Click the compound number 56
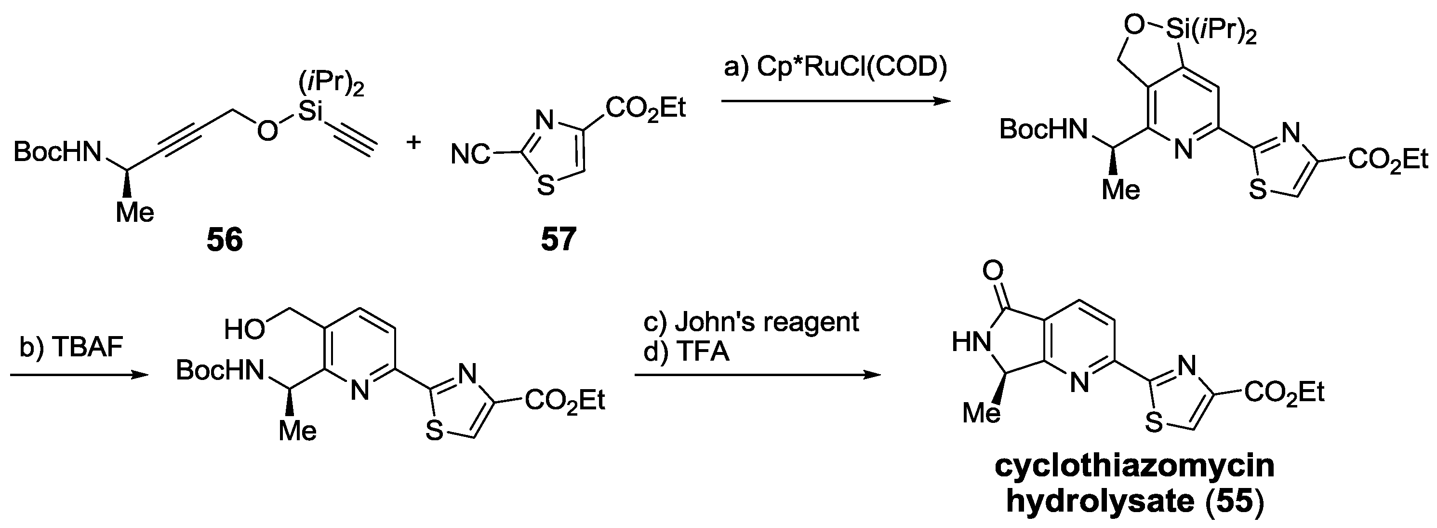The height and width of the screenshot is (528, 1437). click(225, 241)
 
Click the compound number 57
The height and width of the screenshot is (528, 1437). click(559, 241)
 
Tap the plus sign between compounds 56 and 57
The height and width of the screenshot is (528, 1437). click(413, 143)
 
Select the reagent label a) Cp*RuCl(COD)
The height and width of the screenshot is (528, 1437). click(835, 68)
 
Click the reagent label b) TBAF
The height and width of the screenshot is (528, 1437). click(71, 348)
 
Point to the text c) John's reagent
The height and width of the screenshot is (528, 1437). click(751, 322)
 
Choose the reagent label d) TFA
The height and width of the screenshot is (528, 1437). click(687, 352)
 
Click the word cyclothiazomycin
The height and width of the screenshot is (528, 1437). click(1135, 467)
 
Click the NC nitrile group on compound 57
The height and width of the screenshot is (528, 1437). click(470, 155)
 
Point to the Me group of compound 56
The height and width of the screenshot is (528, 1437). click(135, 213)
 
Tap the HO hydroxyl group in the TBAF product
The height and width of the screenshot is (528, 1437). click(244, 330)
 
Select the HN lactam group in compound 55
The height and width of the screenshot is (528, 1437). click(970, 341)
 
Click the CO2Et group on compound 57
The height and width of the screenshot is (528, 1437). click(645, 108)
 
